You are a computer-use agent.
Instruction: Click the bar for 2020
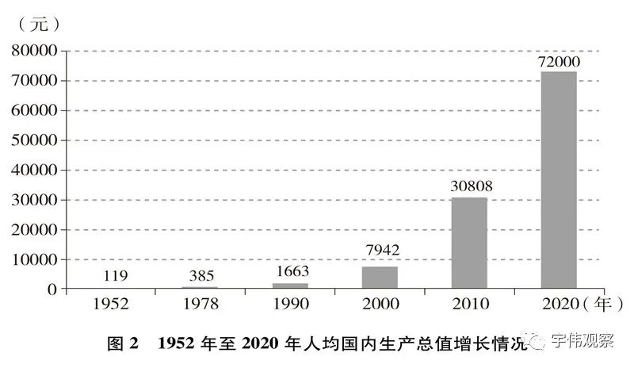[559, 180]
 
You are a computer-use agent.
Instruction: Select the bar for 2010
[469, 243]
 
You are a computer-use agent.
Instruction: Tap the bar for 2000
[380, 278]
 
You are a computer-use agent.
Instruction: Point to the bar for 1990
[290, 286]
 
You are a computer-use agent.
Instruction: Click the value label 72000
[560, 62]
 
